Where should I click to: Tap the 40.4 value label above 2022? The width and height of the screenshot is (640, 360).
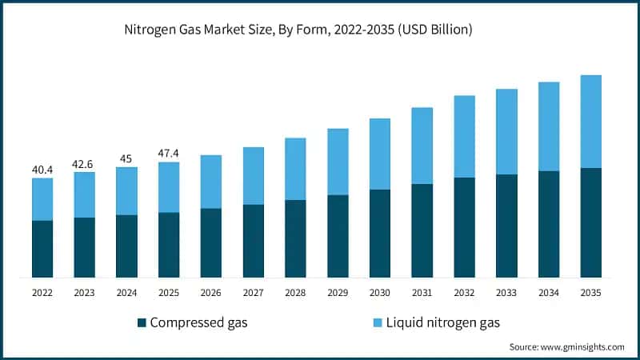pos(42,170)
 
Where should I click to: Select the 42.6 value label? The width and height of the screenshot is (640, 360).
pos(84,164)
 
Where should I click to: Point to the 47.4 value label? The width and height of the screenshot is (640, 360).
pos(168,154)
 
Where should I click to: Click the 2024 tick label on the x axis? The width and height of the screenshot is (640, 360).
pos(126,293)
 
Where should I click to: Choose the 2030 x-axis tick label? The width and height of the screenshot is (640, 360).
pos(379,293)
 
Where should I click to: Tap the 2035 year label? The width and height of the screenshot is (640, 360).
pos(590,293)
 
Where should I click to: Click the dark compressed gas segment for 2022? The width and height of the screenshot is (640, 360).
pos(42,249)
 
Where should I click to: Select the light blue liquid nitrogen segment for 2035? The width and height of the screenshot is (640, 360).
pos(590,122)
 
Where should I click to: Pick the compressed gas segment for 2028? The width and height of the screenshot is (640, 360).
pos(295,238)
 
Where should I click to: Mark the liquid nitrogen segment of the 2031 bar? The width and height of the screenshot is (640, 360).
pos(422,146)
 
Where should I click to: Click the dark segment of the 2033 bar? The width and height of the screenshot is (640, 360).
pos(506,226)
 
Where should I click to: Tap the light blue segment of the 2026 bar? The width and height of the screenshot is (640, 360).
pos(210,182)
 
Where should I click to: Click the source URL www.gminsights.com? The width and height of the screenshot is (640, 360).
pos(582,347)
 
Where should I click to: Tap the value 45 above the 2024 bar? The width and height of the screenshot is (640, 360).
pos(126,158)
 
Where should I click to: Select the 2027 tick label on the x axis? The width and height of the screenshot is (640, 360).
pos(253,293)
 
